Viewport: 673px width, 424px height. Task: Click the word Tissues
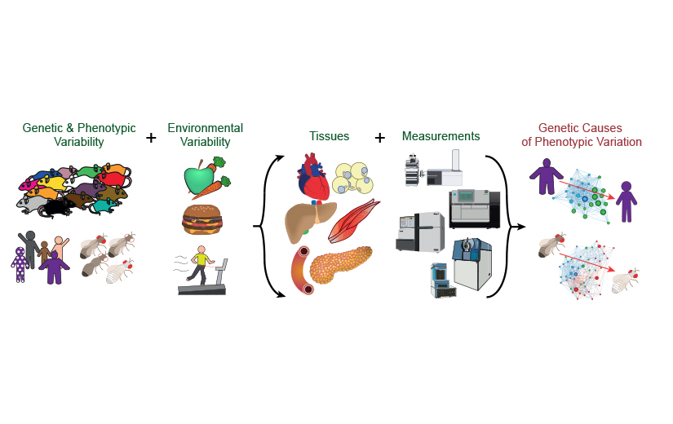pos(329,136)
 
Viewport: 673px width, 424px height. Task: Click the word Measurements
pos(441,136)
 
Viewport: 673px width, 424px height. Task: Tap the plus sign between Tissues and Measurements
pos(379,138)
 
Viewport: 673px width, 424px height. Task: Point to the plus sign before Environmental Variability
pos(151,138)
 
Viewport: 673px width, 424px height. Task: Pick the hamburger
pos(201,219)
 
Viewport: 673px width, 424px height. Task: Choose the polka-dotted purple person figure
pos(20,264)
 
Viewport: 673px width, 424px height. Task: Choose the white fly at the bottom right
pos(623,282)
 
